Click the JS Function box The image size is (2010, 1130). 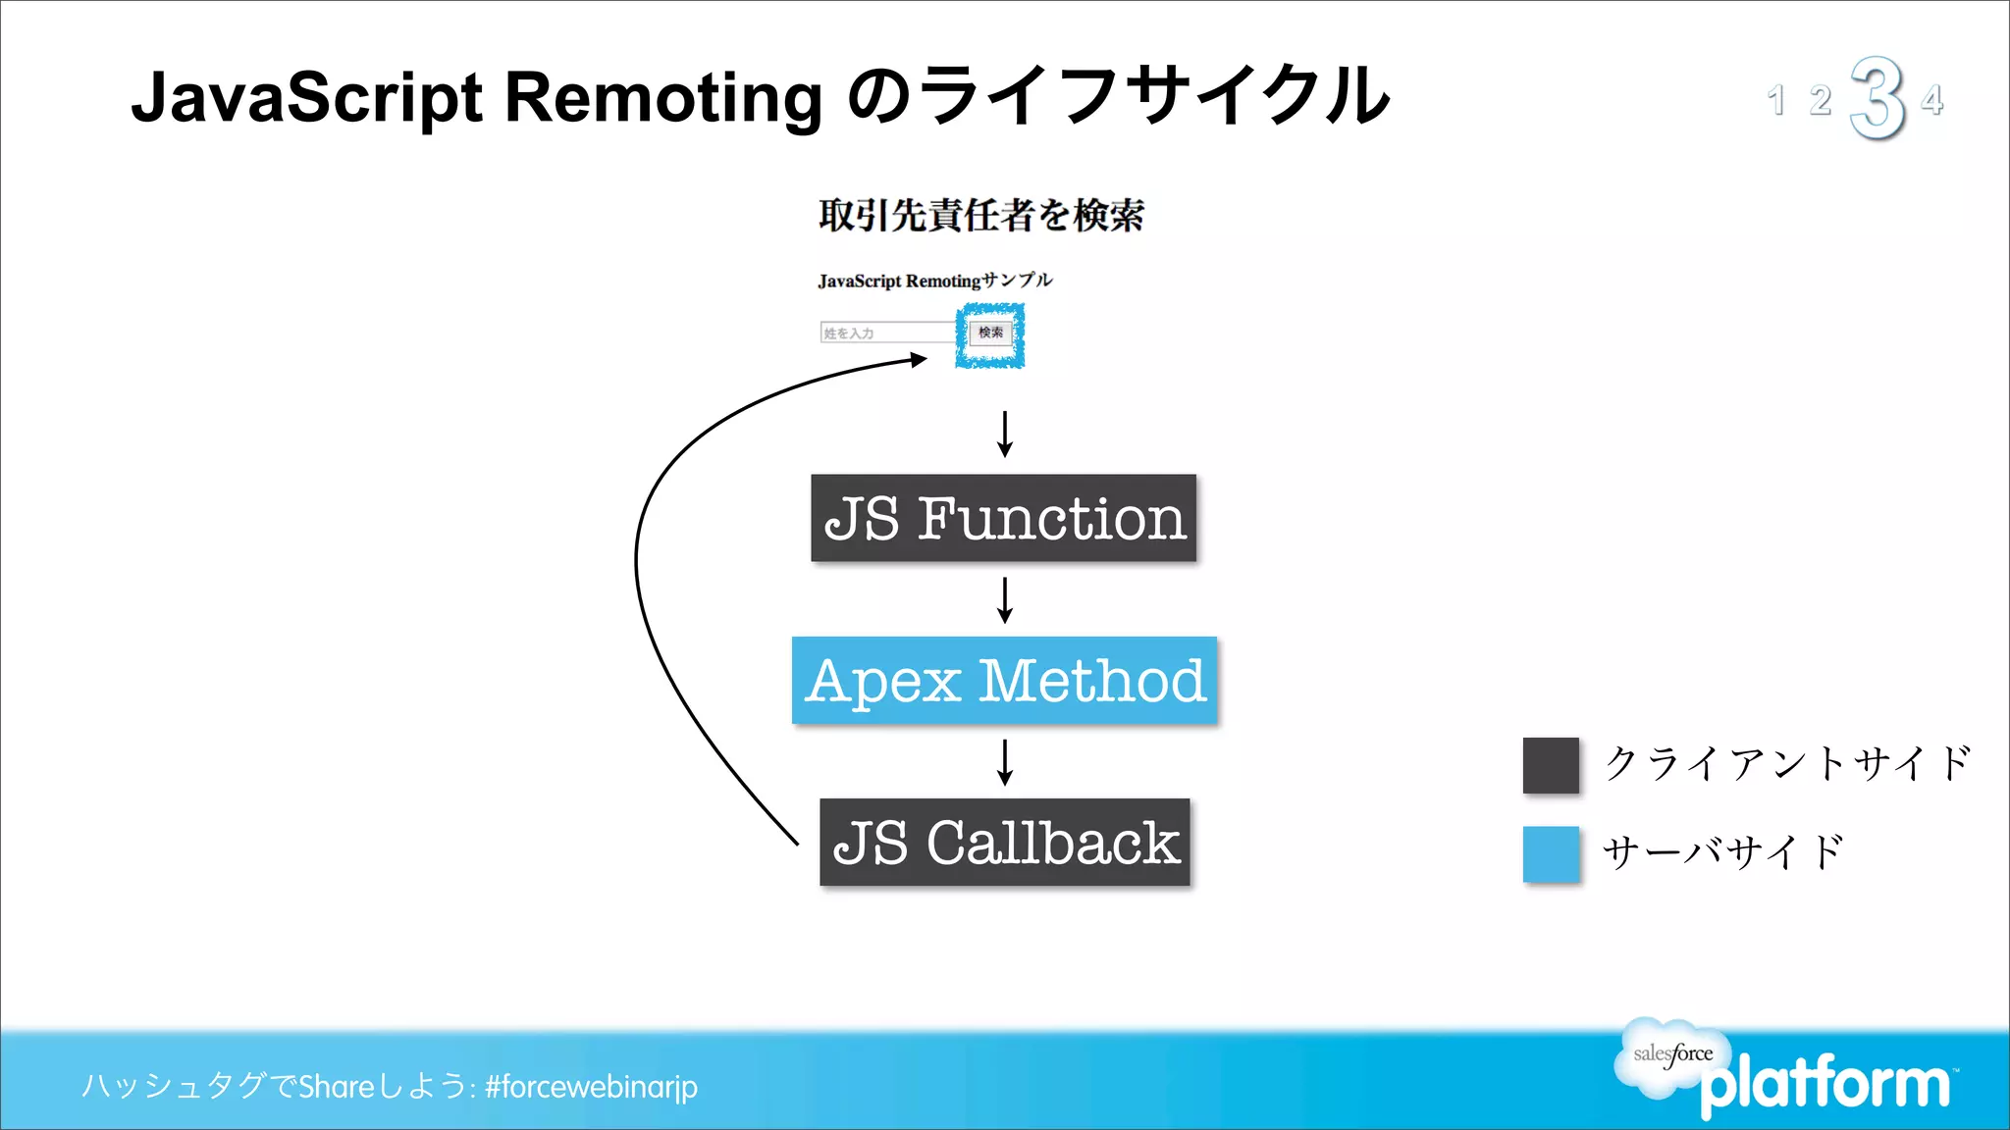(x=1003, y=518)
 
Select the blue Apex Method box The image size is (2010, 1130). (x=1004, y=680)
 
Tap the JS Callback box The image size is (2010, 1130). (x=1004, y=843)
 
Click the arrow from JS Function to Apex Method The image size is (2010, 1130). (x=1004, y=599)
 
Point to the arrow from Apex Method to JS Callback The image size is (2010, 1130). (x=1004, y=761)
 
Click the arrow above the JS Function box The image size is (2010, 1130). (x=1004, y=434)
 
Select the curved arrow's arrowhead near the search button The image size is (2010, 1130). (x=919, y=360)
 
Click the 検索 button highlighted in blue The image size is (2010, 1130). (x=990, y=334)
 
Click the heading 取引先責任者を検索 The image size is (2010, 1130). (x=980, y=215)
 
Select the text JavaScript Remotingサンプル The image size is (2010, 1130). (x=934, y=281)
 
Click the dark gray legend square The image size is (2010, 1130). (x=1551, y=765)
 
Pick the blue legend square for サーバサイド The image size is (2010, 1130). (x=1551, y=853)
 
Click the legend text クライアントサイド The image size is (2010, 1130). (x=1786, y=763)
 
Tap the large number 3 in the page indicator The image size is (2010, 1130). (x=1877, y=98)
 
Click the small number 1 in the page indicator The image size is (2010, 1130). (x=1775, y=100)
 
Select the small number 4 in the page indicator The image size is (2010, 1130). (x=1931, y=100)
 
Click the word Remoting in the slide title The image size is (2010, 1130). (x=663, y=98)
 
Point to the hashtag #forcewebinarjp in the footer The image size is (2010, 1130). (x=591, y=1086)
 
